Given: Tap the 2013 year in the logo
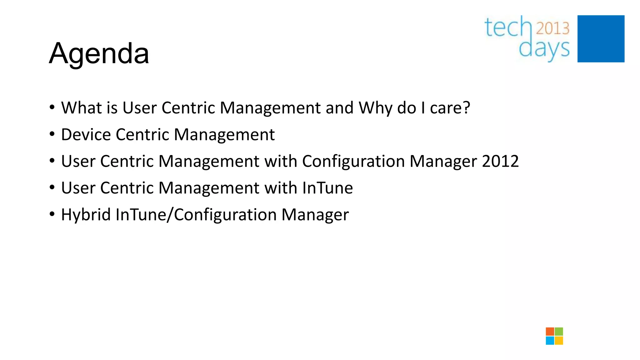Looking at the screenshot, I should click(x=552, y=28).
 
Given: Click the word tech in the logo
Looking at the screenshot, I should click(x=508, y=27).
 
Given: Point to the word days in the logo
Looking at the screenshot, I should click(x=544, y=49).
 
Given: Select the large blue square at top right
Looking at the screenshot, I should click(x=601, y=39).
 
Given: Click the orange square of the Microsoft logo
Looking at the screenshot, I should click(x=550, y=332).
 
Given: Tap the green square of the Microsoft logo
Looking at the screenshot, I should click(x=559, y=332).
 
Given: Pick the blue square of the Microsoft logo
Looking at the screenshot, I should click(x=550, y=340).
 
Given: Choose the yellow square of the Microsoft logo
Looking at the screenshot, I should click(x=559, y=340).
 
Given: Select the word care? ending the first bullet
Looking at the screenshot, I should click(x=450, y=108).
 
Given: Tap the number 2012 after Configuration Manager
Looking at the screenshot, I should click(x=500, y=161).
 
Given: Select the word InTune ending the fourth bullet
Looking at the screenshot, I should click(x=327, y=188).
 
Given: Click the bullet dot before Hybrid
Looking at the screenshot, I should click(x=52, y=214).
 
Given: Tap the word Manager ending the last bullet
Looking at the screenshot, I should click(x=315, y=215).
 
